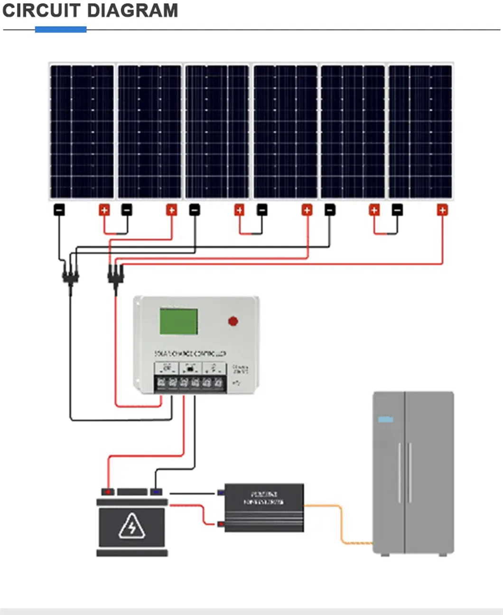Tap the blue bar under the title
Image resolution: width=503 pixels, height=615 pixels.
pos(61,29)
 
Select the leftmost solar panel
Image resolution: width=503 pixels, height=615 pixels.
pos(82,132)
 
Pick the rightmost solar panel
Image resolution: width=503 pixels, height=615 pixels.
pos(420,132)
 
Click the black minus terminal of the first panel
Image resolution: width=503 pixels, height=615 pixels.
pos(59,209)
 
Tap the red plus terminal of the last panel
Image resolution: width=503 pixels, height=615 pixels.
pos(442,209)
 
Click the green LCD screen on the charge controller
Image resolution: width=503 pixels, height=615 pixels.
pos(178,321)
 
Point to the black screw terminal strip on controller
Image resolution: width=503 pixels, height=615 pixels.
pos(190,383)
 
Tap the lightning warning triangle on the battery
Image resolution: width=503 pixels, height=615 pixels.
pos(132,526)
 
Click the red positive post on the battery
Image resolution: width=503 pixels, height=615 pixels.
pos(108,492)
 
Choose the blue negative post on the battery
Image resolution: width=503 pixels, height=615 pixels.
pos(156,492)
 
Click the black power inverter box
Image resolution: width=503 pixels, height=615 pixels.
pos(264,507)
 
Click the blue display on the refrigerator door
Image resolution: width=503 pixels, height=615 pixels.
pos(385,419)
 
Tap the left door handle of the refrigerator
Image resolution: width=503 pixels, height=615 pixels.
pos(400,473)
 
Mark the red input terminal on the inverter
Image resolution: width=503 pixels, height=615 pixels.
pos(221,524)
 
